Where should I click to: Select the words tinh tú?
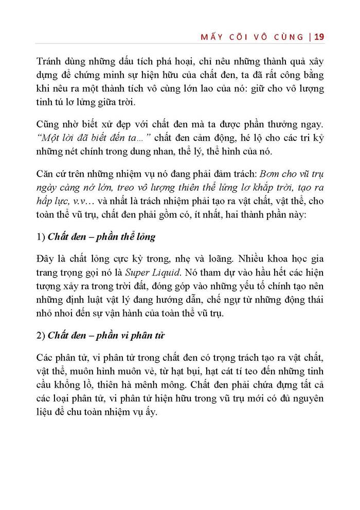pos(50,102)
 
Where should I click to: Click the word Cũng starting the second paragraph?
pos(49,125)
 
